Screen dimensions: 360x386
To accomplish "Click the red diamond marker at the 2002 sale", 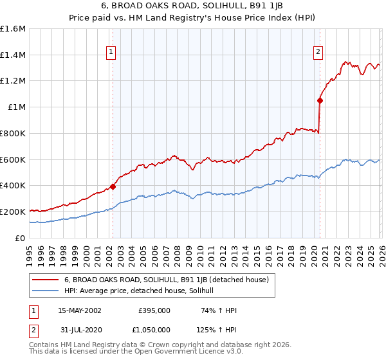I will (x=113, y=186).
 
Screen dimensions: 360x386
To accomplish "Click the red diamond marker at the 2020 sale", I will (x=320, y=100).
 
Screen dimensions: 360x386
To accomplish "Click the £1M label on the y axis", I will (x=17, y=107).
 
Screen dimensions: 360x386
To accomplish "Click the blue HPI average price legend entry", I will (x=142, y=291).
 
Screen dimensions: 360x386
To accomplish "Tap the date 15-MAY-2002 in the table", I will (x=80, y=310).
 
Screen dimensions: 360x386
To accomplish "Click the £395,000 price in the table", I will (x=154, y=310).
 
